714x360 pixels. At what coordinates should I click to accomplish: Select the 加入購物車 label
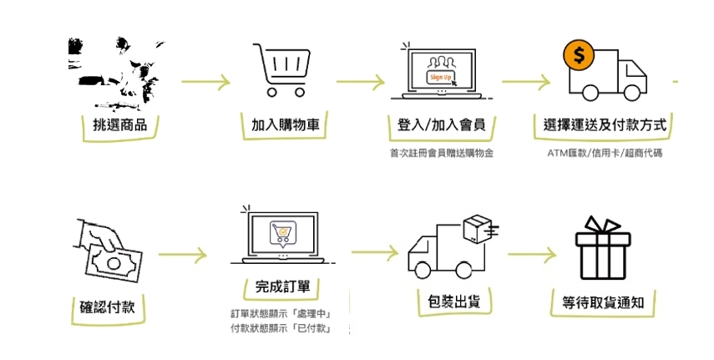pyautogui.click(x=285, y=125)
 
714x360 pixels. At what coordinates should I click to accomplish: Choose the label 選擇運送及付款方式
pyautogui.click(x=605, y=125)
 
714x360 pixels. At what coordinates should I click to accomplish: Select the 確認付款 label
pyautogui.click(x=102, y=307)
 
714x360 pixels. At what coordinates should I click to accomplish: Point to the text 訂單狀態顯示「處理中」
pyautogui.click(x=281, y=314)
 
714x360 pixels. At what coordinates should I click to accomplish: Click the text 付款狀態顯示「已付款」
pyautogui.click(x=281, y=328)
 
